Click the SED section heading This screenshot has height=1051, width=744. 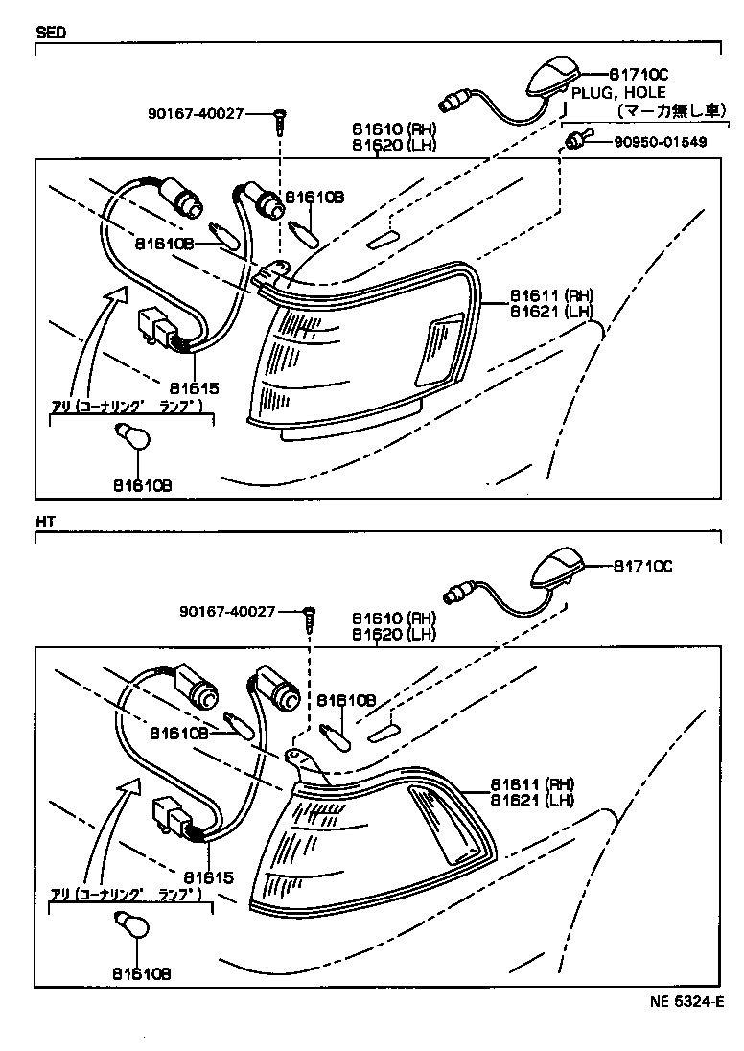pos(51,31)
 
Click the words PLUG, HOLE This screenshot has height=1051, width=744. pos(614,92)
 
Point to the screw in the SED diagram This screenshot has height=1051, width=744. pos(279,119)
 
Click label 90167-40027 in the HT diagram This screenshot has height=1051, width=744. pos(227,611)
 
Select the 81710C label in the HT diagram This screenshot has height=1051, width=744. pos(643,566)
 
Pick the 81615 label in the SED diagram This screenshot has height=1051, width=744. pos(195,389)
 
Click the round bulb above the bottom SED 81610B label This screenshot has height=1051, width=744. pos(130,436)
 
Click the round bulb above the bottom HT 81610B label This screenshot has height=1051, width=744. pos(130,925)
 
